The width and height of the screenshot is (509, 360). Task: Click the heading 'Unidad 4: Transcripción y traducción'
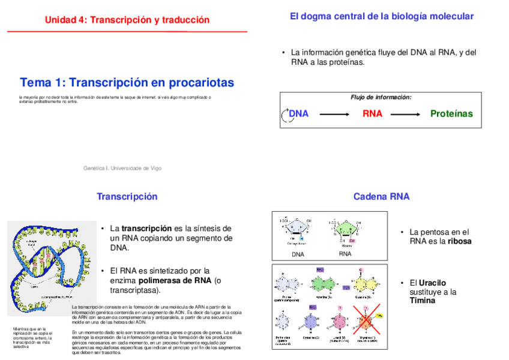pyautogui.click(x=127, y=20)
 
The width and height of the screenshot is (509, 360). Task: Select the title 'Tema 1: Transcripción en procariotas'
pyautogui.click(x=127, y=83)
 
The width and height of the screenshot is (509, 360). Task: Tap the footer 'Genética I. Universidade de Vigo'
pyautogui.click(x=122, y=168)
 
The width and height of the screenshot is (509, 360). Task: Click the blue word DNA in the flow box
pyautogui.click(x=298, y=114)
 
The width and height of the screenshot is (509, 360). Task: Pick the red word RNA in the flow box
pyautogui.click(x=372, y=114)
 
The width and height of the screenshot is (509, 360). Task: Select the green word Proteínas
pyautogui.click(x=451, y=114)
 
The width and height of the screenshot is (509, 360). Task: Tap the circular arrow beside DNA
pyautogui.click(x=284, y=115)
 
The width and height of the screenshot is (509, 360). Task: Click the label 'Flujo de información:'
pyautogui.click(x=381, y=97)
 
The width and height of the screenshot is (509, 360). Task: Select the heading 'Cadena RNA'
pyautogui.click(x=381, y=196)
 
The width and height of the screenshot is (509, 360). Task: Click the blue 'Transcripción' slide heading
pyautogui.click(x=127, y=196)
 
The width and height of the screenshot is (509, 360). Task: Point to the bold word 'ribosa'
pyautogui.click(x=458, y=241)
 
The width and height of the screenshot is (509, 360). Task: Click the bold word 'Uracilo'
pyautogui.click(x=432, y=283)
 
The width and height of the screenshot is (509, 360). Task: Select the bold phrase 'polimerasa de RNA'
pyautogui.click(x=175, y=280)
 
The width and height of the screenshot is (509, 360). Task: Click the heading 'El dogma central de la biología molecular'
pyautogui.click(x=381, y=17)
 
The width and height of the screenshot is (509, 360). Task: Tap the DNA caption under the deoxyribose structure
pyautogui.click(x=298, y=254)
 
